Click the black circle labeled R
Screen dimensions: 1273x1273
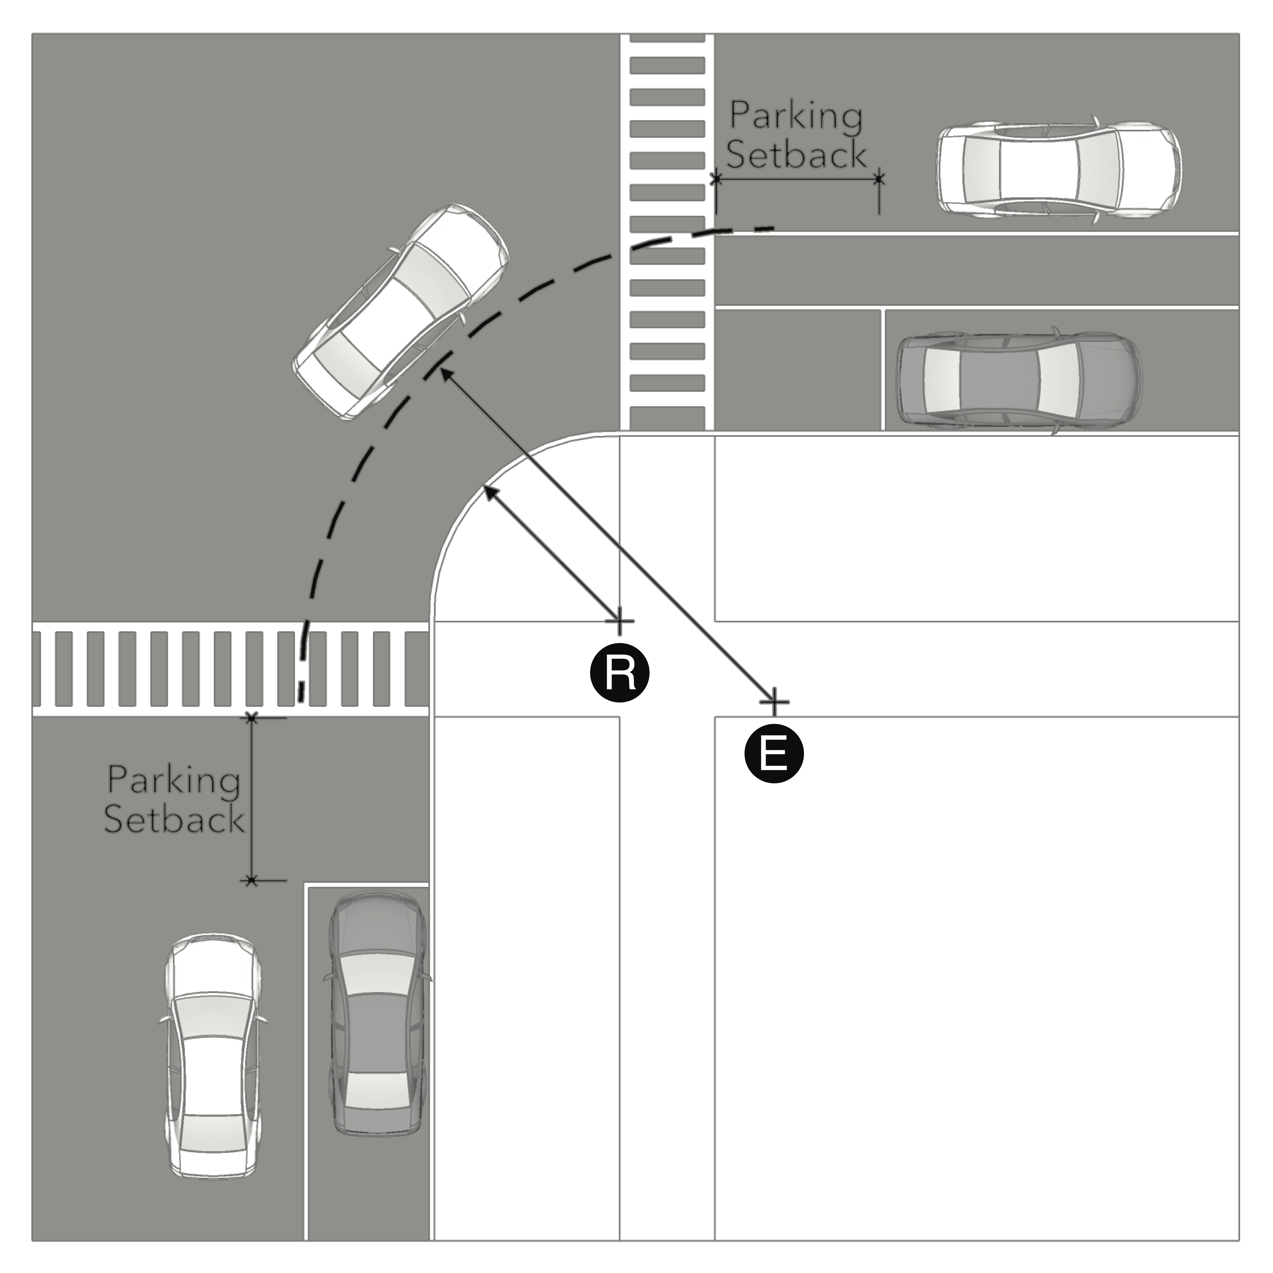(619, 673)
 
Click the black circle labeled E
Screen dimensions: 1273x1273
(774, 753)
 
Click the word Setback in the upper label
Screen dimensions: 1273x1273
(796, 154)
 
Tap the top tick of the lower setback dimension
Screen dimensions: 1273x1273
(251, 718)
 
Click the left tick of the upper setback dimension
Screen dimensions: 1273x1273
(716, 179)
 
